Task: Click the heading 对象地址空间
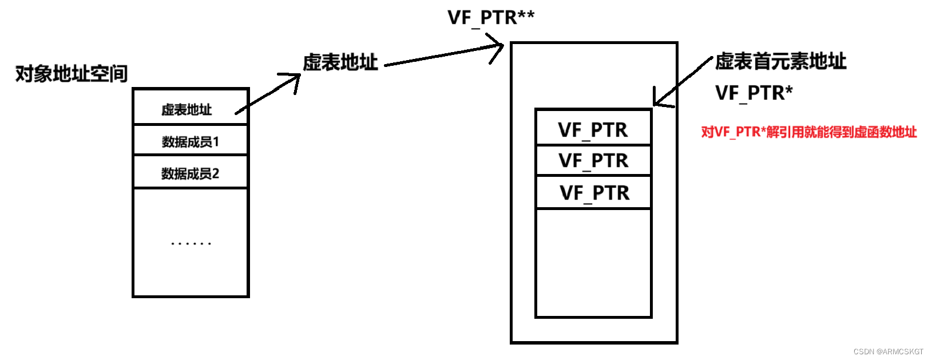tap(71, 74)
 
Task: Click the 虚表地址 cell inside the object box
tap(187, 109)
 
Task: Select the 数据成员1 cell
tap(190, 141)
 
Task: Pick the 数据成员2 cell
tap(190, 173)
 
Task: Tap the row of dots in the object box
tap(191, 244)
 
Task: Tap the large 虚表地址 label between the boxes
tap(340, 62)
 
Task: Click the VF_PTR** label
tap(491, 18)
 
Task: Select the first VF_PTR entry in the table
tap(593, 130)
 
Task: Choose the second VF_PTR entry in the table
tap(593, 161)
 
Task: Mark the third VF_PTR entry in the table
tap(594, 193)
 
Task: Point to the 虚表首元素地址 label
tap(780, 61)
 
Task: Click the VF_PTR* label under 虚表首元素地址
tap(754, 93)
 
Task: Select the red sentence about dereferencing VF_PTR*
tap(809, 132)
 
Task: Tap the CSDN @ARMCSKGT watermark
tap(888, 351)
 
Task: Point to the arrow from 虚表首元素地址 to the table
tap(684, 81)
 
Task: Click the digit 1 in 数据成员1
tap(216, 141)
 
